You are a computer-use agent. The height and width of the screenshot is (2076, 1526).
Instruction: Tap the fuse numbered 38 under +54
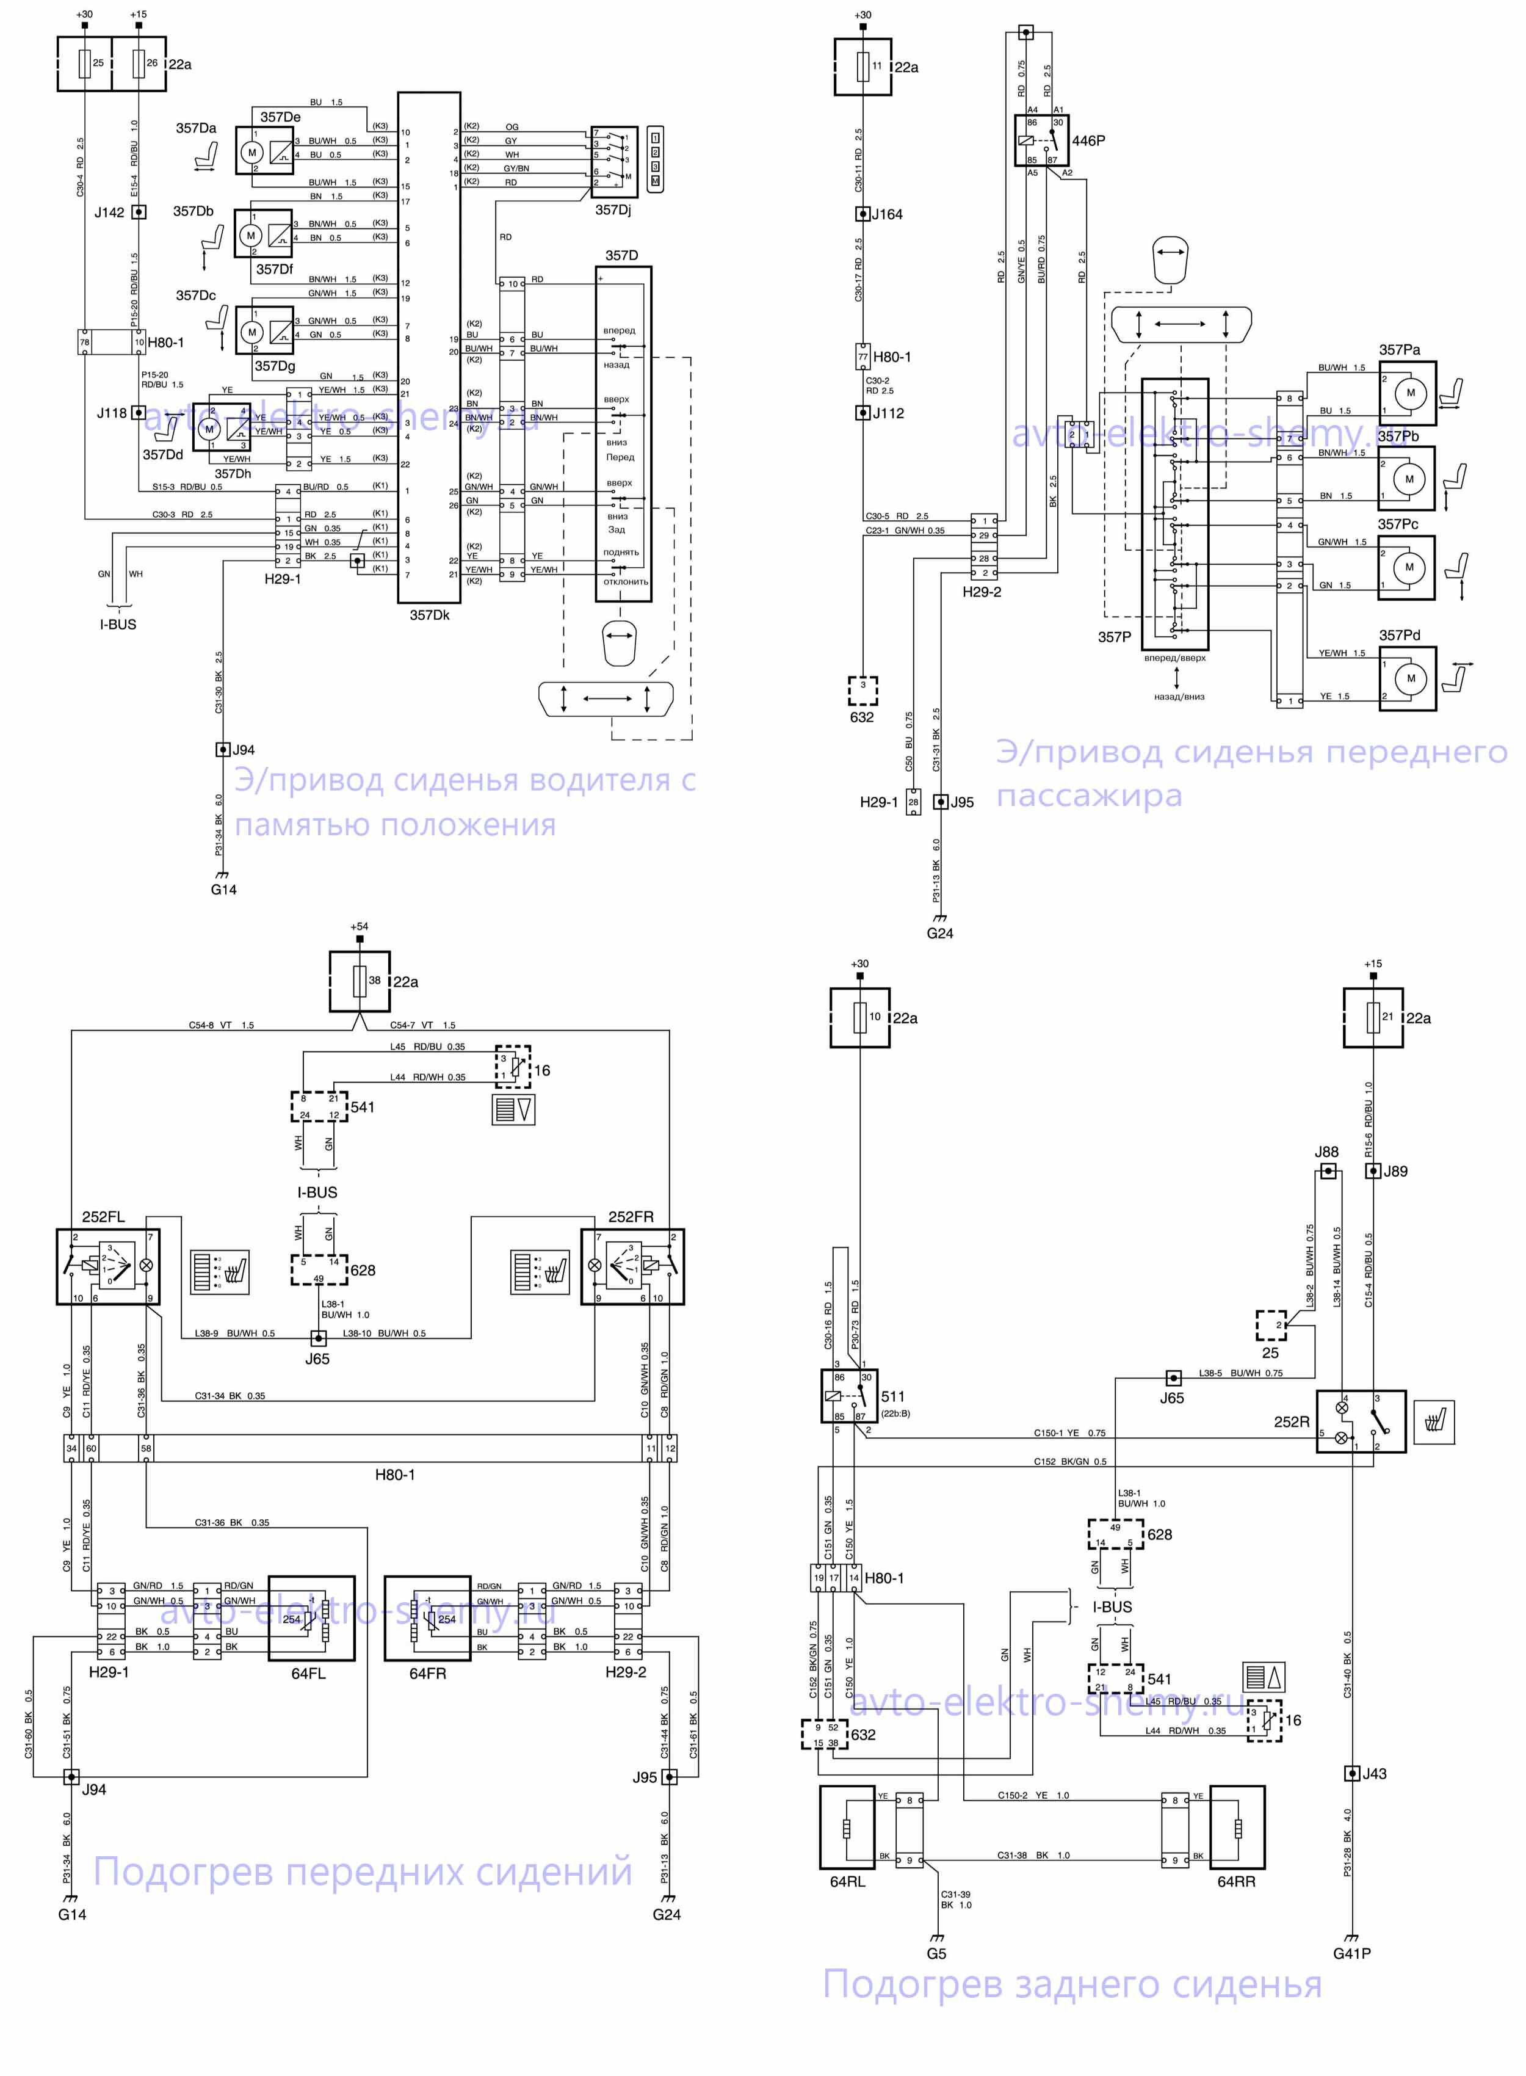pos(360,981)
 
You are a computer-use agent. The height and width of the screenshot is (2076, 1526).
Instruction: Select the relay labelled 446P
pos(1041,140)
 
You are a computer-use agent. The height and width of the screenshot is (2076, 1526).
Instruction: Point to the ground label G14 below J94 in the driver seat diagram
pos(223,890)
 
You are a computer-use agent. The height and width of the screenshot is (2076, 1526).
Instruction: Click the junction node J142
pos(139,212)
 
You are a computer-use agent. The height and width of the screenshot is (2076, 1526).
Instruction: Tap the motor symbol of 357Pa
pos(1409,393)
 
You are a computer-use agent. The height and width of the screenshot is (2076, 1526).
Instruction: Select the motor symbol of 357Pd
pos(1409,679)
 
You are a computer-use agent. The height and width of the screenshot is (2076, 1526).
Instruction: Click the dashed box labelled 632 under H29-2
pos(862,690)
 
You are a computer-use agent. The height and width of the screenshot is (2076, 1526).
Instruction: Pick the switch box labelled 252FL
pos(108,1266)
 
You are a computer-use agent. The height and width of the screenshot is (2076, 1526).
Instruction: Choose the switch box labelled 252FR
pos(633,1266)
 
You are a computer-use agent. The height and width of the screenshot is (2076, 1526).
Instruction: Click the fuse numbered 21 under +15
pos(1373,1017)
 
